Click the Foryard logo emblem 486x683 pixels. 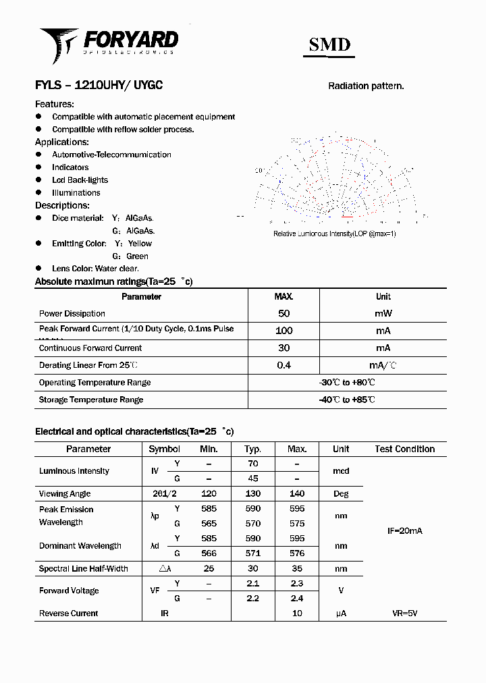pyautogui.click(x=59, y=44)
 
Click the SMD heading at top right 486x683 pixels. pyautogui.click(x=329, y=45)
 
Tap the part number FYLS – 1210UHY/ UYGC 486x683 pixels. pyautogui.click(x=99, y=86)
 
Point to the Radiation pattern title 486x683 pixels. pyautogui.click(x=366, y=86)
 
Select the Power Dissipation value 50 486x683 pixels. pyautogui.click(x=283, y=313)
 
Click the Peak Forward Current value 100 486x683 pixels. pyautogui.click(x=283, y=331)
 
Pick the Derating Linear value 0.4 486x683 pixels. pyautogui.click(x=283, y=365)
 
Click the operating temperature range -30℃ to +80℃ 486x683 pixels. pyautogui.click(x=347, y=383)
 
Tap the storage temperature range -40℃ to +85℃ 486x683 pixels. pyautogui.click(x=347, y=400)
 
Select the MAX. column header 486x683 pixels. pyautogui.click(x=283, y=296)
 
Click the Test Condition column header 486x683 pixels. pyautogui.click(x=405, y=449)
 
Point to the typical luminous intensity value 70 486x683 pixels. pyautogui.click(x=253, y=464)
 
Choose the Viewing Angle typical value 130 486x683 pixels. pyautogui.click(x=253, y=494)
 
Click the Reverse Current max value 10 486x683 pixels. pyautogui.click(x=297, y=613)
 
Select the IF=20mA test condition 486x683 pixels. pyautogui.click(x=405, y=531)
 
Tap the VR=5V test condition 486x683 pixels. pyautogui.click(x=405, y=613)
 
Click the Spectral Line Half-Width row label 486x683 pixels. pyautogui.click(x=84, y=569)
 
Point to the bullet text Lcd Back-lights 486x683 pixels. pyautogui.click(x=80, y=180)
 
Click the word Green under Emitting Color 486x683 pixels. pyautogui.click(x=137, y=256)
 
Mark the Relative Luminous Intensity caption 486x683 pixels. pyautogui.click(x=335, y=234)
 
